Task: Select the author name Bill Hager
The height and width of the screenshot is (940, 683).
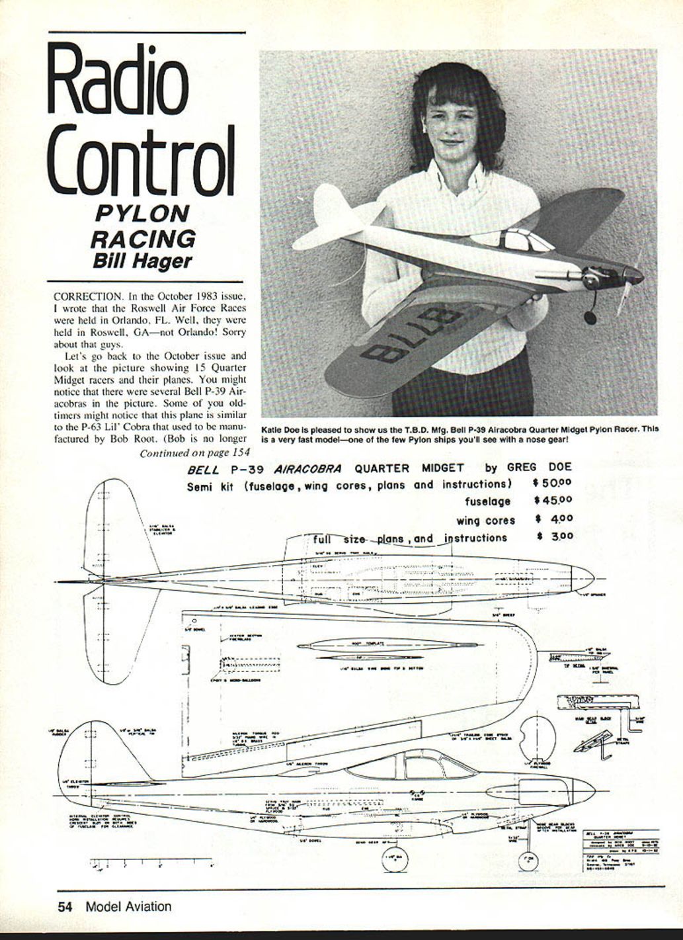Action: pyautogui.click(x=142, y=261)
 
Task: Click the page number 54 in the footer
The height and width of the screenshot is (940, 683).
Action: pyautogui.click(x=65, y=907)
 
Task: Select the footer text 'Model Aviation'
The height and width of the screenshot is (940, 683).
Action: pyautogui.click(x=128, y=907)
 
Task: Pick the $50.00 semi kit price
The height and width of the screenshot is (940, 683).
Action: pyautogui.click(x=552, y=484)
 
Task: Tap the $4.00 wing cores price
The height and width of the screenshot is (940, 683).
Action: pyautogui.click(x=553, y=519)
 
